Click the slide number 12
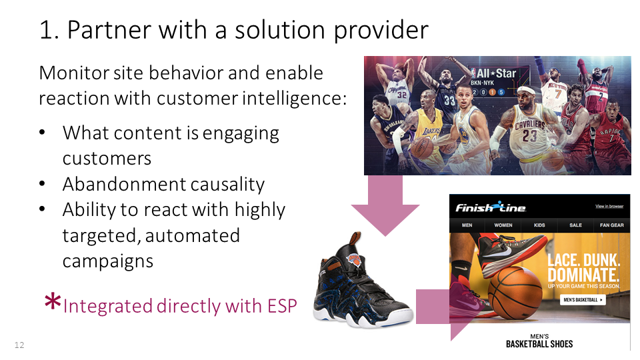tap(19, 345)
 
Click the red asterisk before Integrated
tap(51, 303)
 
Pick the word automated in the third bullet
tap(192, 235)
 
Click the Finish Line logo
tap(491, 207)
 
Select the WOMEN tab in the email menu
tap(503, 225)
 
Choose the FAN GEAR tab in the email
tap(611, 225)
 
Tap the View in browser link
tap(609, 207)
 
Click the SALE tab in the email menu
tap(575, 225)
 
